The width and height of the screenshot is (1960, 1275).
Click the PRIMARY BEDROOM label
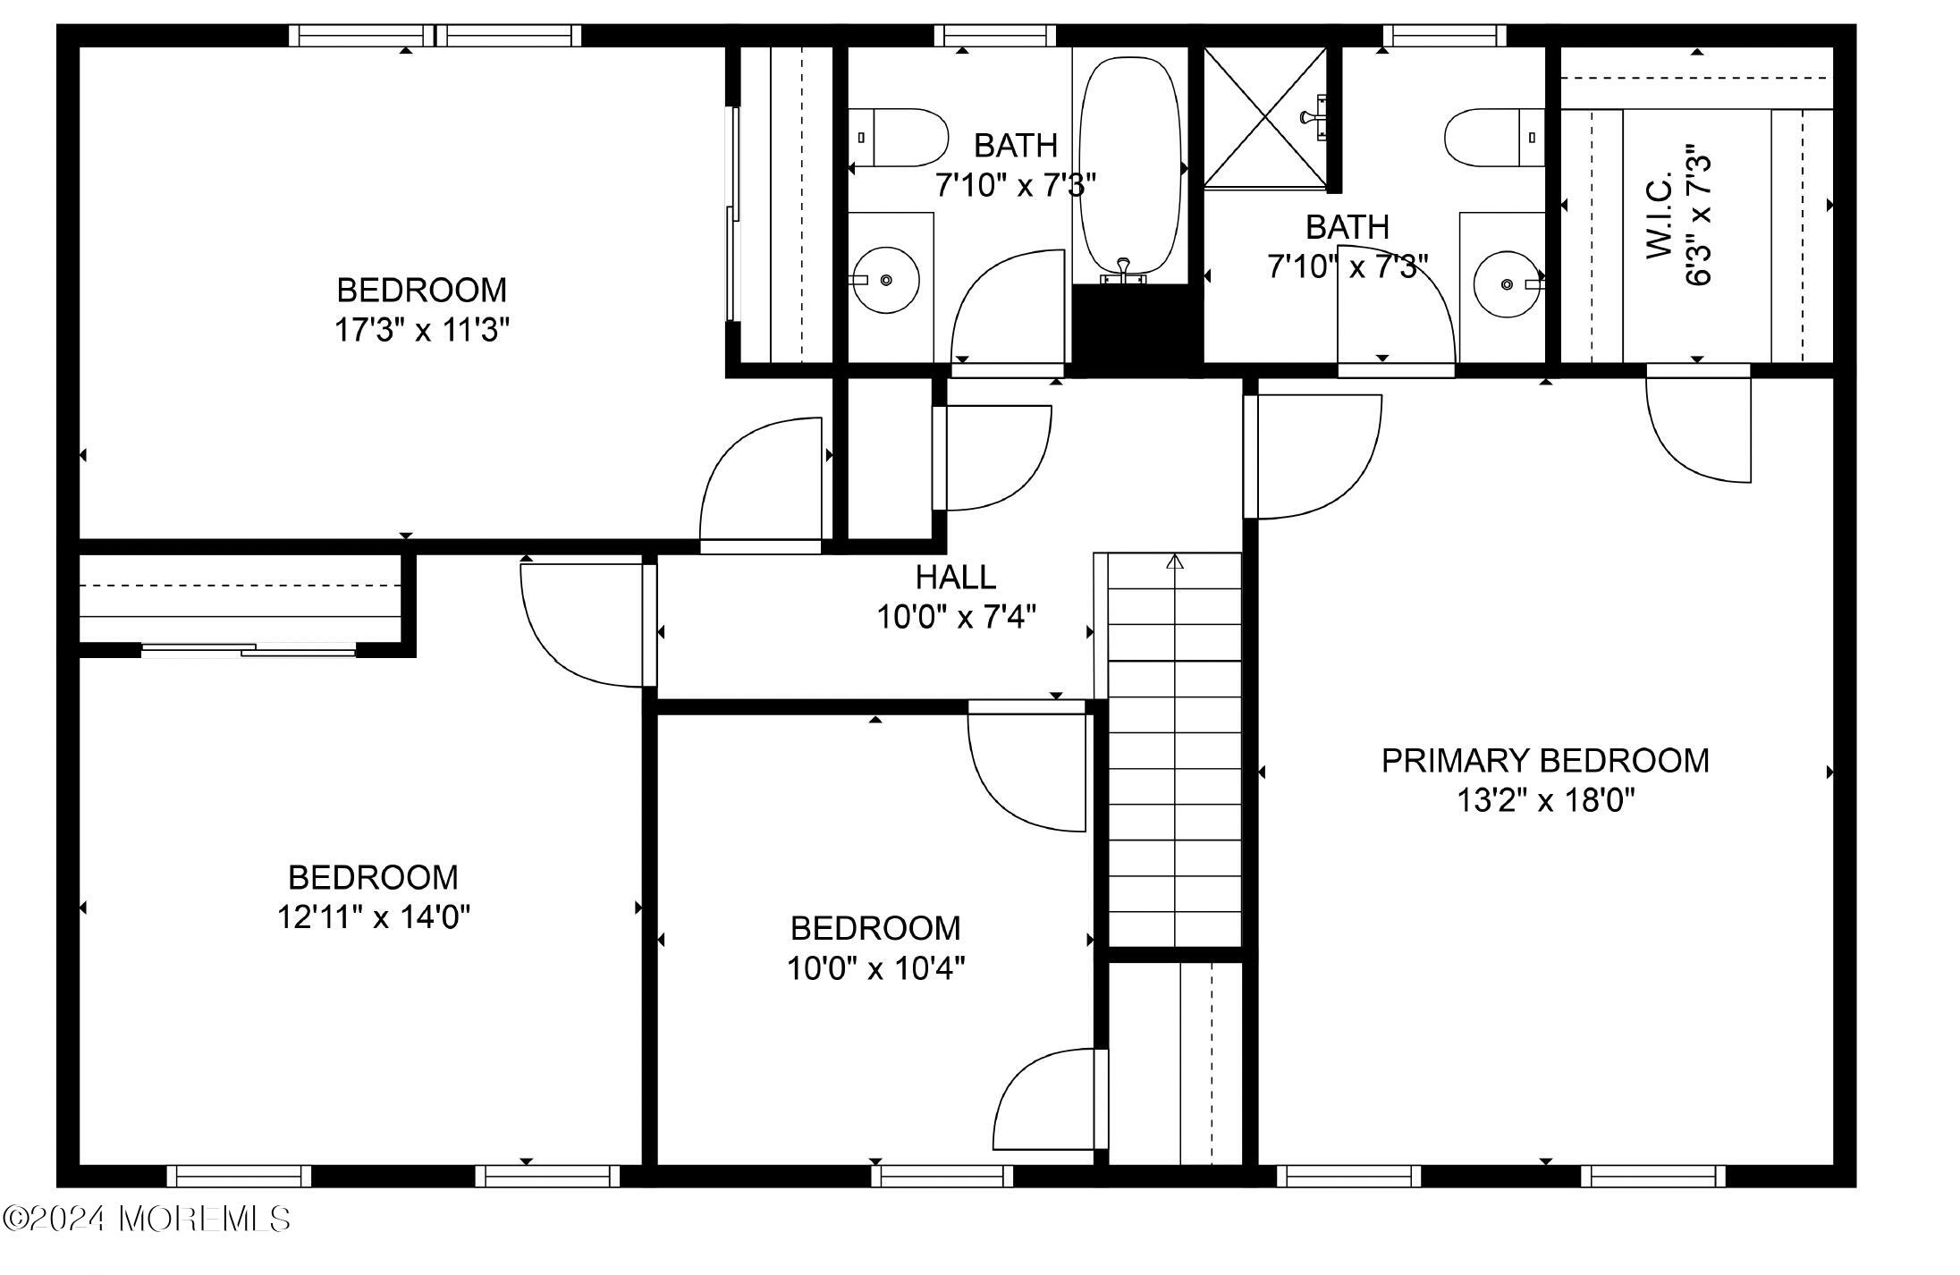(1544, 761)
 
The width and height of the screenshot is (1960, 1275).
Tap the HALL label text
(955, 578)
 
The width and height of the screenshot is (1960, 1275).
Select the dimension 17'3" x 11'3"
(421, 331)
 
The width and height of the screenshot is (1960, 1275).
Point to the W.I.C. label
(1660, 217)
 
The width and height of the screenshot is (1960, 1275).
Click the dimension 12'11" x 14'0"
(373, 917)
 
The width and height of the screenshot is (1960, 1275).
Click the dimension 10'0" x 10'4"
(875, 968)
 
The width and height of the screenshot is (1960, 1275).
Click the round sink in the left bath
(884, 280)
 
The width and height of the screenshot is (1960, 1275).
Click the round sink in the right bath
(1508, 284)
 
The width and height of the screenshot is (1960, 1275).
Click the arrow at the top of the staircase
(1175, 562)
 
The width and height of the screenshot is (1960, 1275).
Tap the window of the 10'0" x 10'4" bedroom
(942, 1175)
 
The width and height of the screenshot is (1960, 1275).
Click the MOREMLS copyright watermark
(147, 1218)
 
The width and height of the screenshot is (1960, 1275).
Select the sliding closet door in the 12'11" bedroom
(248, 650)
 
